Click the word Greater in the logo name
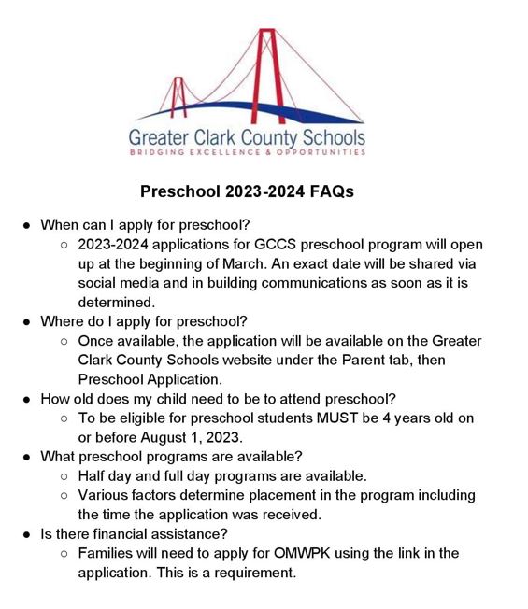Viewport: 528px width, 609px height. tap(164, 136)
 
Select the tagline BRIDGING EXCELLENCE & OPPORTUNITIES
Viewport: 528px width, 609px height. tap(247, 152)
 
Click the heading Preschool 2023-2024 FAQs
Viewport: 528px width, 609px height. tap(247, 191)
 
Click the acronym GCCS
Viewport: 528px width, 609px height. tap(274, 244)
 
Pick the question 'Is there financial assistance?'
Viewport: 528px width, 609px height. tap(135, 534)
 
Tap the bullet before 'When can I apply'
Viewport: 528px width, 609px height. tap(27, 225)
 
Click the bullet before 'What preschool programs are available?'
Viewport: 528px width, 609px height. tap(27, 457)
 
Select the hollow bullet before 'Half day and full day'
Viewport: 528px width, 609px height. tap(64, 476)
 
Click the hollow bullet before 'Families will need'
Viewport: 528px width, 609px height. tap(64, 554)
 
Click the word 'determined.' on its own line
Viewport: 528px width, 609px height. tap(116, 302)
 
